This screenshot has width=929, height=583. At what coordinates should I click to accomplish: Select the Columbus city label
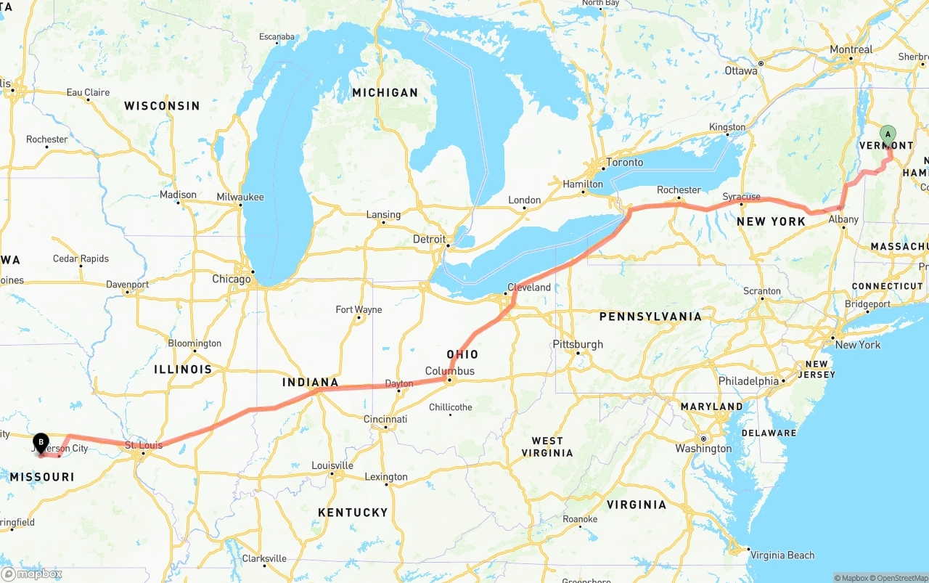coord(450,371)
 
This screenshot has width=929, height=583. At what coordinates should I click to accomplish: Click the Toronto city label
coord(624,162)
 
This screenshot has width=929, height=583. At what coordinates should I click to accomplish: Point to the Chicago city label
coord(232,279)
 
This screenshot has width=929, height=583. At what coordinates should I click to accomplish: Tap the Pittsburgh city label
coord(578,343)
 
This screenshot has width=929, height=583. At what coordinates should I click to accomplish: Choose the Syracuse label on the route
coord(742,197)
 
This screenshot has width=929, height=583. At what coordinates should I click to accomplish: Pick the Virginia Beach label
coord(782,555)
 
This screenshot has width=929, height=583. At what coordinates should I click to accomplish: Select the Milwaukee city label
coord(240,197)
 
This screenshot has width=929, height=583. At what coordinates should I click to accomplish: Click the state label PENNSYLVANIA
coord(650,317)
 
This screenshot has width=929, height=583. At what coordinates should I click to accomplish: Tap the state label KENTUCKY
coord(353,513)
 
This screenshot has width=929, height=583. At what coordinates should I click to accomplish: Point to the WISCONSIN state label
coord(162,106)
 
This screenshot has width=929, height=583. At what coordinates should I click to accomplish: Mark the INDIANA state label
coord(311,382)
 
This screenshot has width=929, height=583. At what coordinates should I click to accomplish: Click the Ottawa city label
coord(741,70)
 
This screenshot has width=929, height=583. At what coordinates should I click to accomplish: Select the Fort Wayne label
coord(359,309)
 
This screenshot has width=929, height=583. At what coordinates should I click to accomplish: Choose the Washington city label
coord(703,449)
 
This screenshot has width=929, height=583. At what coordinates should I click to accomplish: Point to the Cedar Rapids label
coord(81,258)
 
